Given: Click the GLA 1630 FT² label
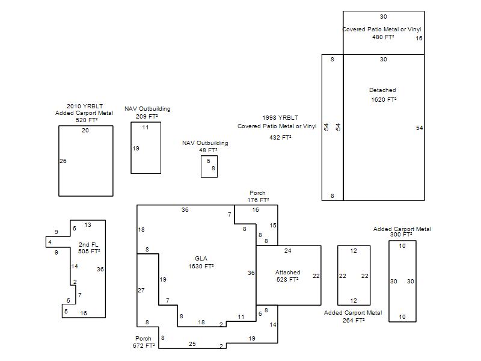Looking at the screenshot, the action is point(201,262).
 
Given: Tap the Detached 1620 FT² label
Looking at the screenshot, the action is point(383,95).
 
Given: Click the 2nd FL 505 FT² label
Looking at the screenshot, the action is point(89,248).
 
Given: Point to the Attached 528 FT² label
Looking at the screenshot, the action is point(288,276).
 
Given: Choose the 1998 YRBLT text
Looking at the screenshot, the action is point(280,117).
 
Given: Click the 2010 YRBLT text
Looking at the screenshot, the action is point(85,106).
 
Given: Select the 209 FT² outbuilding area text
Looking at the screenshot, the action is point(147,116).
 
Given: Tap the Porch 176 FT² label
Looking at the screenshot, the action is point(258,197).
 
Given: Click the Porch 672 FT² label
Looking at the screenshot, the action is point(144,342).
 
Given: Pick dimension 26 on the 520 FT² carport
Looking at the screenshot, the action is point(63,161).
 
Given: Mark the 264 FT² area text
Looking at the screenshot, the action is point(354,320).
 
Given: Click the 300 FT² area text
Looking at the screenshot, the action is point(401,235).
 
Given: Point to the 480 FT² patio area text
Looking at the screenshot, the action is point(383,37).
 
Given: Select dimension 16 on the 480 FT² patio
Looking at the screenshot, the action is point(419,38).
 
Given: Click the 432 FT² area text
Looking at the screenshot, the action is point(280,137).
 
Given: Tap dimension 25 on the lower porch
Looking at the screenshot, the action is point(192,344).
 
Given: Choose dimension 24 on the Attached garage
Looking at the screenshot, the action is point(288,250).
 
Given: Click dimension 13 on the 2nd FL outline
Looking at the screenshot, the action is point(88,224).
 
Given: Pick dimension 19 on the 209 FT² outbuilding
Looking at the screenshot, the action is point(136,148).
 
